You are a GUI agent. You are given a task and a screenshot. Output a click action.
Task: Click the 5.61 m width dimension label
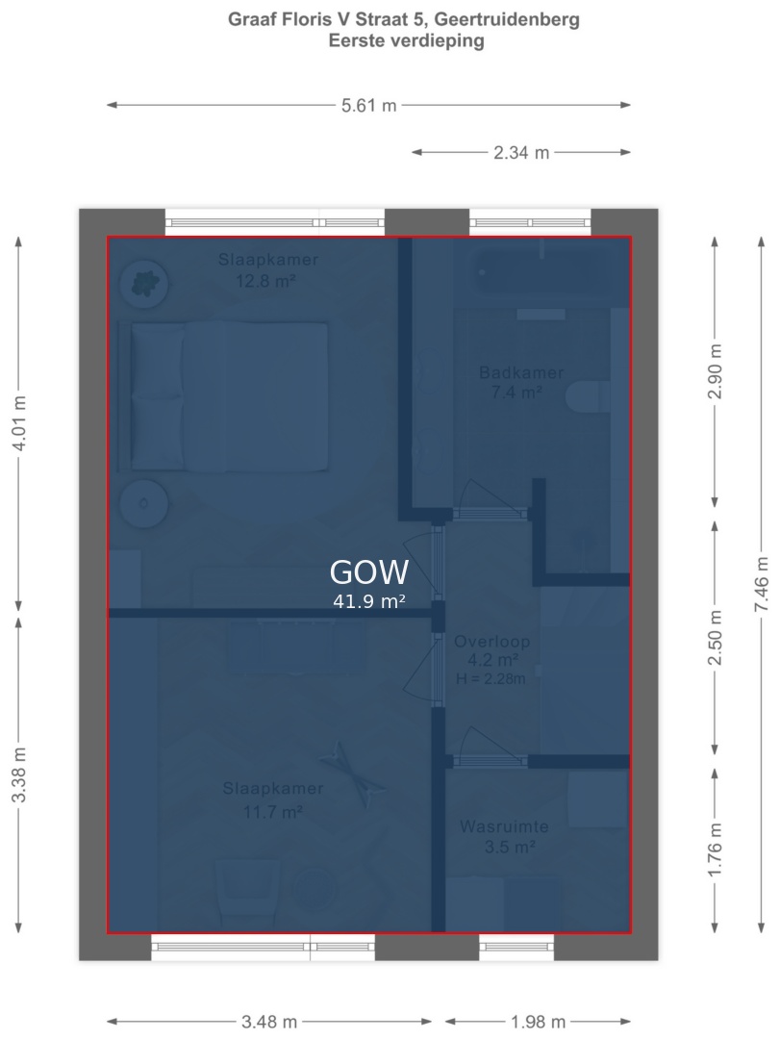(x=368, y=105)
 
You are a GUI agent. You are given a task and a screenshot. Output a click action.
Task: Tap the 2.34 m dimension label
(x=521, y=153)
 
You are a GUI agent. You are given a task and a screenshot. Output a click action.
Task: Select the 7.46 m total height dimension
(x=762, y=584)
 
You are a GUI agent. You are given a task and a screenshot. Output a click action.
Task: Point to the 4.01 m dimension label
(x=19, y=423)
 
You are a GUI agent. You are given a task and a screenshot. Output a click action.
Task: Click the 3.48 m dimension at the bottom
(x=269, y=1022)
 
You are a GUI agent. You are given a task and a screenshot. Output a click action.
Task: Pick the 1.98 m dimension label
(x=538, y=1022)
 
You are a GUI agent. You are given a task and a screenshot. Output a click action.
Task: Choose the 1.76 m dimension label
(x=715, y=850)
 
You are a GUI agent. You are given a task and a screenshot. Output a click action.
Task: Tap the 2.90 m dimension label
(x=715, y=371)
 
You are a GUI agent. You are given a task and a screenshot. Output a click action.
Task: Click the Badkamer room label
(x=521, y=372)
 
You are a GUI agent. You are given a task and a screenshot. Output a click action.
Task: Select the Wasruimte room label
(x=504, y=826)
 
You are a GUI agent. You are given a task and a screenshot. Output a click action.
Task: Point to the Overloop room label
(x=492, y=642)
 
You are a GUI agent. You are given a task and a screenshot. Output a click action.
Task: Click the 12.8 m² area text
(x=266, y=281)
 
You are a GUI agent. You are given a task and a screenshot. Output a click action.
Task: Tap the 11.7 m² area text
(x=273, y=811)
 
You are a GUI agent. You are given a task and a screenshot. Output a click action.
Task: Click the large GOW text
(x=369, y=572)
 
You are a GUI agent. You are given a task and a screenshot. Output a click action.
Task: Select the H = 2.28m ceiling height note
(x=491, y=678)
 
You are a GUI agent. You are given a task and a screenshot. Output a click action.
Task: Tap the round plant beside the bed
(x=144, y=283)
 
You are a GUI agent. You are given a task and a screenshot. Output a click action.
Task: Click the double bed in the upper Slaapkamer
(x=223, y=396)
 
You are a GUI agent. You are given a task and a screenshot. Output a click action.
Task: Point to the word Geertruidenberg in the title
(x=506, y=20)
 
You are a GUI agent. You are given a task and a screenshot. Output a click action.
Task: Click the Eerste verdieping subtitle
(x=407, y=40)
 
